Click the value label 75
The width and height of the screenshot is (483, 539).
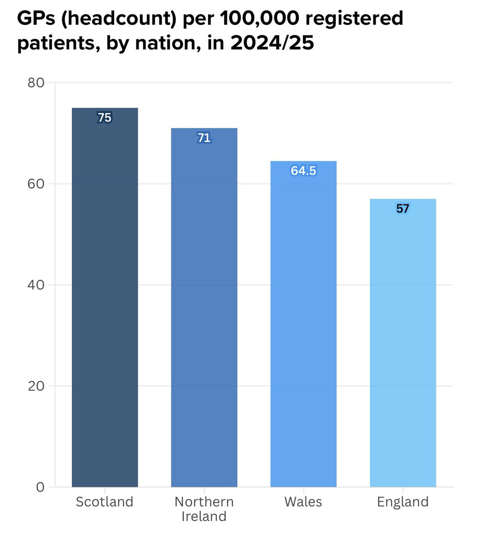point(105,118)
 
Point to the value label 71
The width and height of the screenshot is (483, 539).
point(204,138)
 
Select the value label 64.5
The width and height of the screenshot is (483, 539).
point(303,171)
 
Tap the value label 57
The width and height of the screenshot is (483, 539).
point(403,208)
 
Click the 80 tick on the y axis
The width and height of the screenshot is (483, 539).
point(36,83)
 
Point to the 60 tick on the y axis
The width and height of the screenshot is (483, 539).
point(36,184)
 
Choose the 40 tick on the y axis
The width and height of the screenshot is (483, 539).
point(36,285)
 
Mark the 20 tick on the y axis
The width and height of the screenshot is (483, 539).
point(36,386)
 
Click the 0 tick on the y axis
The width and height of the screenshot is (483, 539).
point(40,487)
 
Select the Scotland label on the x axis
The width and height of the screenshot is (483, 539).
point(105,502)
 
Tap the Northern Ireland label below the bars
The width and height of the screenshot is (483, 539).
point(204,509)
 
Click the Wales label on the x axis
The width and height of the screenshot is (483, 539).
point(303,502)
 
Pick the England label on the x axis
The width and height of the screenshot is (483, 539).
point(403,502)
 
